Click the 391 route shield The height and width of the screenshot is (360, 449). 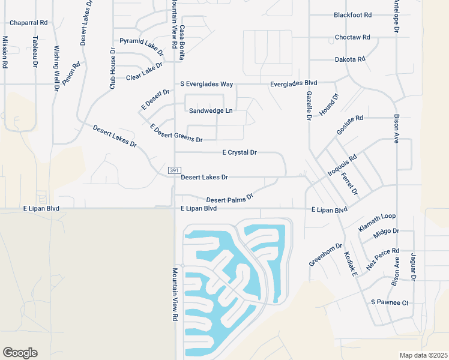173,171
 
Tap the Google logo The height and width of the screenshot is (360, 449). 20,353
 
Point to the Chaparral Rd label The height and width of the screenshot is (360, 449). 28,23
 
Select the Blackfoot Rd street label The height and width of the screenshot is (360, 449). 353,15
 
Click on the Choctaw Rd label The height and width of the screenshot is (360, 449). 352,37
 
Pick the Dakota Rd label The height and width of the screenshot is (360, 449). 350,59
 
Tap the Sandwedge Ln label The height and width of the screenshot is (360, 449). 210,111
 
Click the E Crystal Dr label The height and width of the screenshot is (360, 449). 240,153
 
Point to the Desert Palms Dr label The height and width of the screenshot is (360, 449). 230,197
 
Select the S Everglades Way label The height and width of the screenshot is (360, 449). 206,85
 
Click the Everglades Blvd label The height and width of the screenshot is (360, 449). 294,83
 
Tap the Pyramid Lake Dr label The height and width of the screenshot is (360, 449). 142,45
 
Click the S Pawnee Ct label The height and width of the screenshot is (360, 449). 390,302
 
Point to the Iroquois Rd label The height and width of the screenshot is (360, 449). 342,166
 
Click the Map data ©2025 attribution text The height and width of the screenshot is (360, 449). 423,355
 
